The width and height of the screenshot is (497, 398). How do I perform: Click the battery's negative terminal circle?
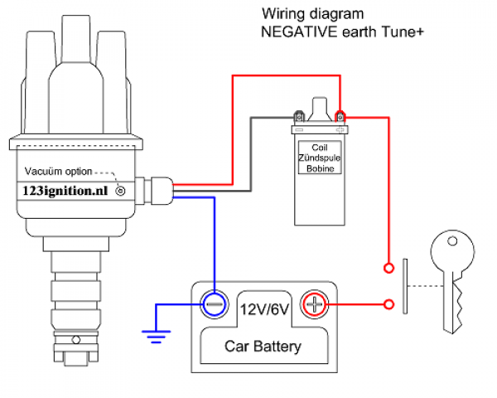(x=215, y=304)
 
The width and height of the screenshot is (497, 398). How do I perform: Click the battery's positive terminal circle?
(x=314, y=304)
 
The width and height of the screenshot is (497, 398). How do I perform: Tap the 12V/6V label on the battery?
(x=264, y=309)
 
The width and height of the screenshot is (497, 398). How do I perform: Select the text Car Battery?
(x=263, y=347)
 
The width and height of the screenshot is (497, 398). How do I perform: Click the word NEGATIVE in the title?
(x=294, y=32)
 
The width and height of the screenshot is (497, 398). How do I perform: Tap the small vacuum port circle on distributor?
(x=122, y=191)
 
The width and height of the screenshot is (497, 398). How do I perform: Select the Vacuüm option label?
(x=55, y=171)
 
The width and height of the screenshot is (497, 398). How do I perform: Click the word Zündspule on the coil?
(x=318, y=157)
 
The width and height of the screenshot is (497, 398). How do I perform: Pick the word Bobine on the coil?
(x=318, y=168)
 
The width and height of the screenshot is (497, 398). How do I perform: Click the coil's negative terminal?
(x=299, y=117)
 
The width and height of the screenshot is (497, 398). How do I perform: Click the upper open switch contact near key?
(x=389, y=268)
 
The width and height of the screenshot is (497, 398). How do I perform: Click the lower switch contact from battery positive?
(x=389, y=304)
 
